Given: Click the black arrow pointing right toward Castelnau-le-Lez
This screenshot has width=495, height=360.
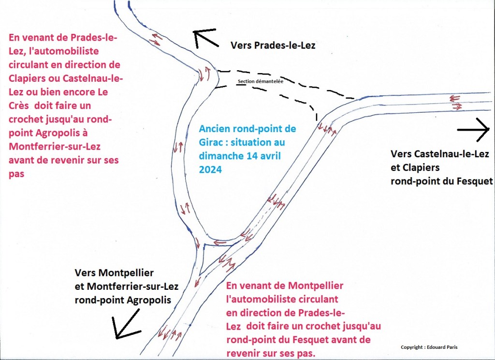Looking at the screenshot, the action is coord(474,130).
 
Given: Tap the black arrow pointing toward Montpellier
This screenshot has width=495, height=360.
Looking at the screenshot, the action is coord(126,324).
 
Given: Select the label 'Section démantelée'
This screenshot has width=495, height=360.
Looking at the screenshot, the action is coord(261,81).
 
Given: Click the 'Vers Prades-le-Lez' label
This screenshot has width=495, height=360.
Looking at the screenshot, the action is coord(273,45).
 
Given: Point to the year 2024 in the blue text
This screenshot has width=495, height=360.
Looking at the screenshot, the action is coord(210,169).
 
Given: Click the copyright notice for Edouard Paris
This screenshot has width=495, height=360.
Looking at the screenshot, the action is coord(429,347).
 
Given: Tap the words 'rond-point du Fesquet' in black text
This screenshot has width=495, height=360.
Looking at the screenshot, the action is coord(442,181).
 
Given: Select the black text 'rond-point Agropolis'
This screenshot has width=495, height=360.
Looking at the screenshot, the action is coord(123,300).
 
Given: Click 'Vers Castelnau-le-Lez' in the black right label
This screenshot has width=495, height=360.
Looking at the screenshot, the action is coord(440,154).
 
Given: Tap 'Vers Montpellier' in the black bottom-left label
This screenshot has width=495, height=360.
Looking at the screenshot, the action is coord(114,272).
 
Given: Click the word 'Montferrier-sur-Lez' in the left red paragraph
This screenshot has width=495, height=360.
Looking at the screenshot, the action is coord(55,146).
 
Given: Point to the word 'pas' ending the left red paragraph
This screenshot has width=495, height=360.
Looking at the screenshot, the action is coord(16,174).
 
